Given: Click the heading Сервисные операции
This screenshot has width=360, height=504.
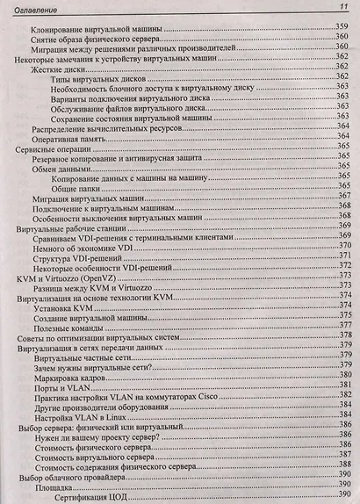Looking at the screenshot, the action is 51,150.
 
